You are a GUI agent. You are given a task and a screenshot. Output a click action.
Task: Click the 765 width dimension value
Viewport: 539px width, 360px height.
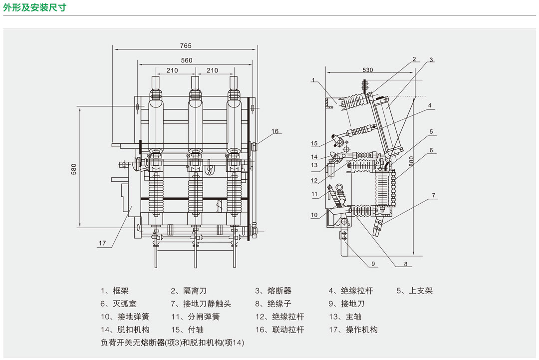pyautogui.click(x=186, y=46)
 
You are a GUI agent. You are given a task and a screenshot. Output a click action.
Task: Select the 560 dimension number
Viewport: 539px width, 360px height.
pyautogui.click(x=187, y=60)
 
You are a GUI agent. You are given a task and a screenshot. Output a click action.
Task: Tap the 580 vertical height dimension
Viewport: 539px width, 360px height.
pyautogui.click(x=74, y=169)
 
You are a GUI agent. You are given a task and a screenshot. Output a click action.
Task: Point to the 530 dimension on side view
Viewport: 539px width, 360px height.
pyautogui.click(x=368, y=70)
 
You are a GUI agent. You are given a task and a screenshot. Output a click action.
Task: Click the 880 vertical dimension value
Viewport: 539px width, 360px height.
pyautogui.click(x=411, y=161)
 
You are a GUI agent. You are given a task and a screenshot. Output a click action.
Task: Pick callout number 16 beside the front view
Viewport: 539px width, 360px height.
pyautogui.click(x=275, y=131)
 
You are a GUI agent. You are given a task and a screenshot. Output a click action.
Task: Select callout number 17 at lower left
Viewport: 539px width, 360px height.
pyautogui.click(x=102, y=244)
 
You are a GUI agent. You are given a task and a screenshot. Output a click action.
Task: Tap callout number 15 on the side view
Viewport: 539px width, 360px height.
pyautogui.click(x=314, y=144)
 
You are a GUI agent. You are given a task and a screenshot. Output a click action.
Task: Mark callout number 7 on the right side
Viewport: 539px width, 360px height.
pyautogui.click(x=434, y=195)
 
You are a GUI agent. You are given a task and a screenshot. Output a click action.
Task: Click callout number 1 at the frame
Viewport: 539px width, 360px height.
pyautogui.click(x=313, y=80)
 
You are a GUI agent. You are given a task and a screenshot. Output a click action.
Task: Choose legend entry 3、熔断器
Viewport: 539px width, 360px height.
pyautogui.click(x=273, y=291)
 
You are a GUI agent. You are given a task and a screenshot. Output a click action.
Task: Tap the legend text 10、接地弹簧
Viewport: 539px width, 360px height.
pyautogui.click(x=125, y=317)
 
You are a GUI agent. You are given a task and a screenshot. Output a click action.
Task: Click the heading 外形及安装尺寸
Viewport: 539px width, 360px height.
pyautogui.click(x=34, y=7)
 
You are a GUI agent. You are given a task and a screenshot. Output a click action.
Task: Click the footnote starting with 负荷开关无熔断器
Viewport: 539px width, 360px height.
pyautogui.click(x=172, y=343)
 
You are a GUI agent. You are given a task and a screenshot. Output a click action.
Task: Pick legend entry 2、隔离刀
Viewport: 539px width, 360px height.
pyautogui.click(x=188, y=291)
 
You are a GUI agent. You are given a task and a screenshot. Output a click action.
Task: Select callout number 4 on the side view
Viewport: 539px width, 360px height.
pyautogui.click(x=429, y=105)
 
